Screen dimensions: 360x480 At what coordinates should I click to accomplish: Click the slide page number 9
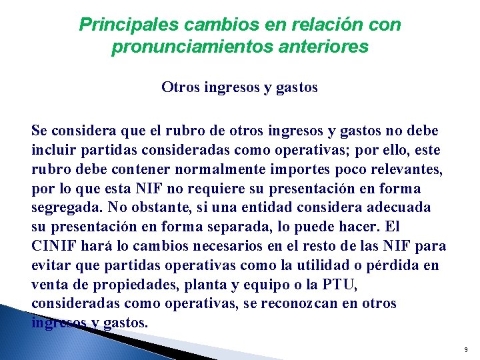click(x=465, y=349)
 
